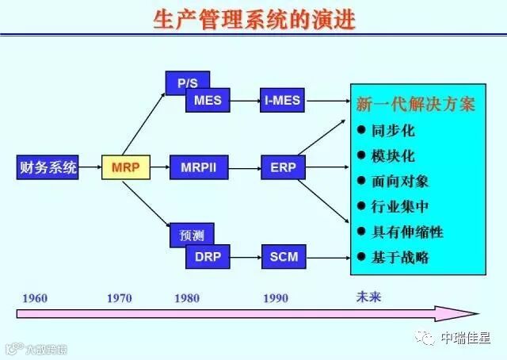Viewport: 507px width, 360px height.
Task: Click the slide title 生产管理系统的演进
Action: (x=253, y=19)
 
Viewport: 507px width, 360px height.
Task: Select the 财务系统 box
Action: (x=48, y=167)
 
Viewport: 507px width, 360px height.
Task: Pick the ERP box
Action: (x=283, y=167)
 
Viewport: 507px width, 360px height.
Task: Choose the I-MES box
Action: (x=283, y=101)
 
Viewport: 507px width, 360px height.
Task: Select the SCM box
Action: (x=283, y=256)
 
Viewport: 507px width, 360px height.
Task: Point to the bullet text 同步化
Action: (x=393, y=130)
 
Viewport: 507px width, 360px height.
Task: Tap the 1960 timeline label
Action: (x=35, y=298)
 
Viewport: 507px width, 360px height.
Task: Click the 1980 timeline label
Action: (x=188, y=298)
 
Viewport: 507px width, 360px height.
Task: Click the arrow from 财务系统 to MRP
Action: (x=90, y=167)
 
